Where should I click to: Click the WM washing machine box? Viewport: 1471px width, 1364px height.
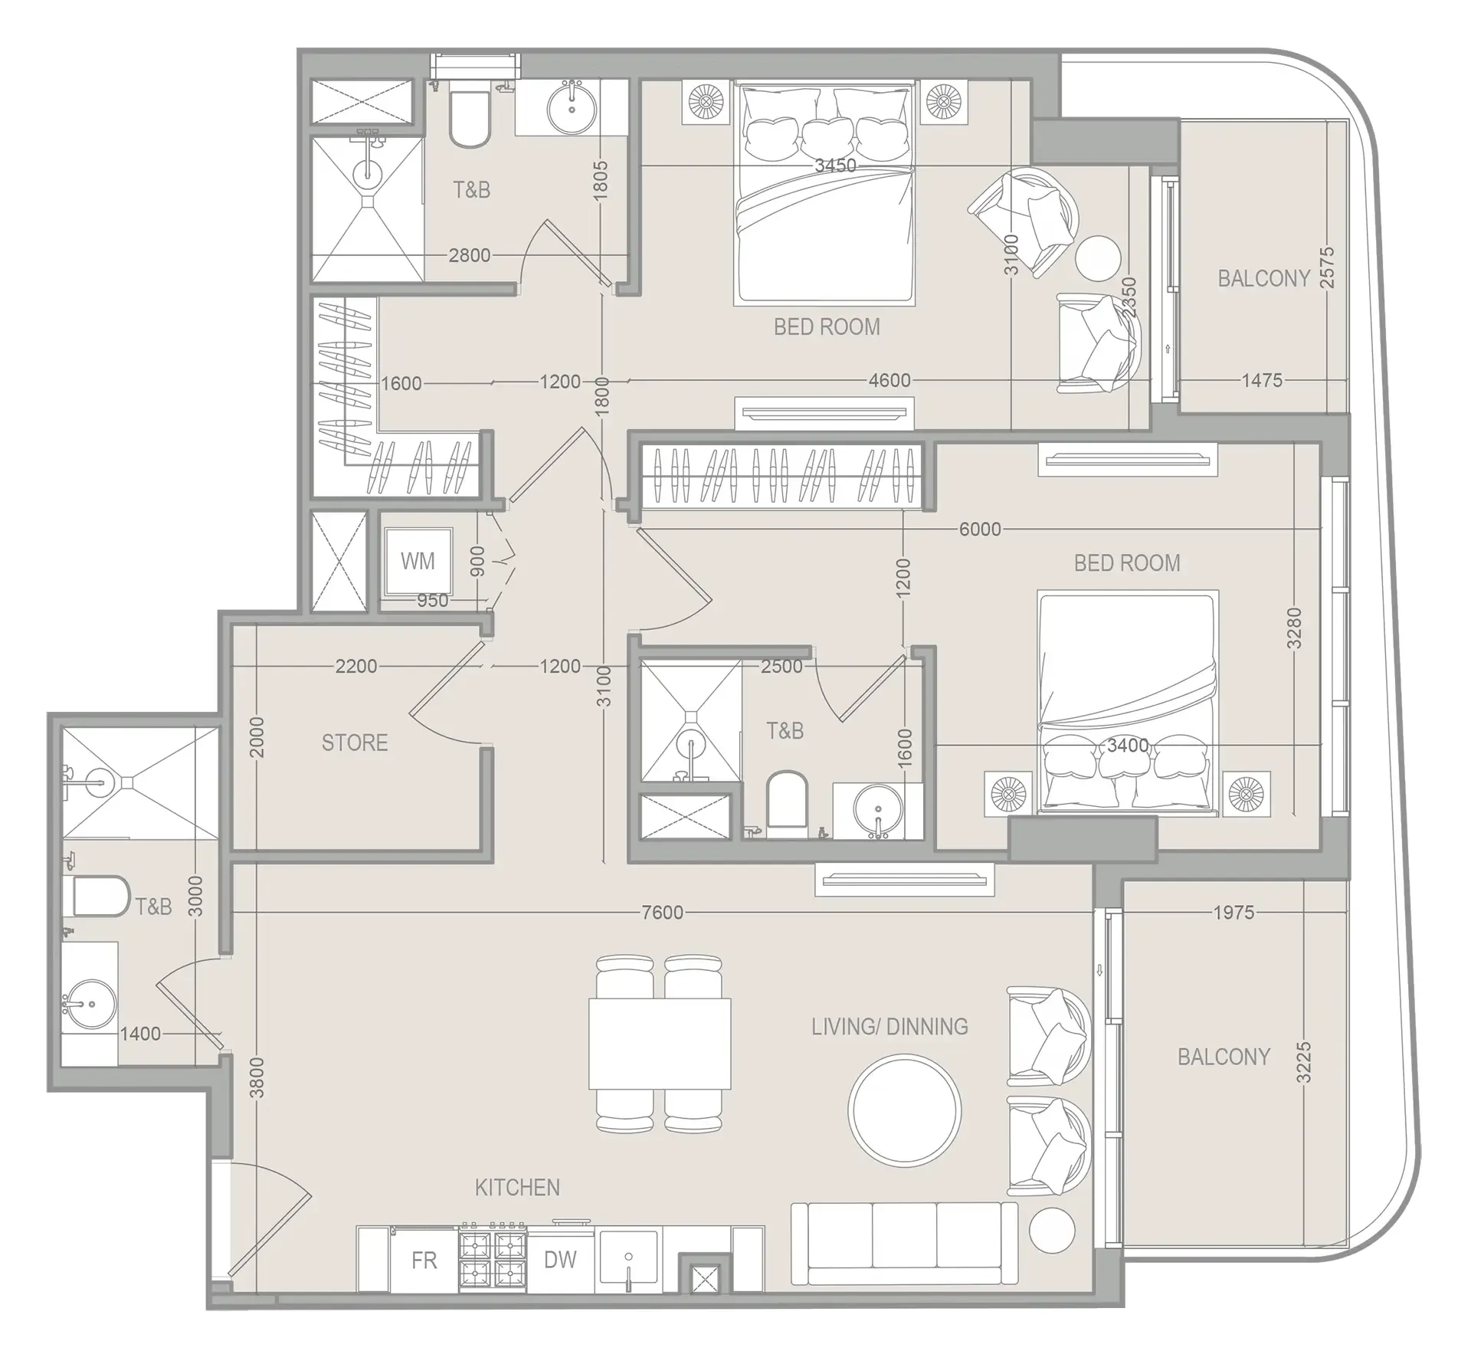point(417,561)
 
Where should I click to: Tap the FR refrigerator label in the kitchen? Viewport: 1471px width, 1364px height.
point(424,1261)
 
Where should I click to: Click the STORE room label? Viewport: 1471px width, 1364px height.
point(354,743)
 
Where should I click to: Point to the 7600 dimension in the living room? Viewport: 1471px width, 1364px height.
point(662,912)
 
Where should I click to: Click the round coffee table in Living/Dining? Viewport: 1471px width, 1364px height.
point(904,1109)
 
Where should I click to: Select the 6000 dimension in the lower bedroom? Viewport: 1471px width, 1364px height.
point(980,529)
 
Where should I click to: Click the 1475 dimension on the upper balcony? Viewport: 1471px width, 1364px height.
point(1261,380)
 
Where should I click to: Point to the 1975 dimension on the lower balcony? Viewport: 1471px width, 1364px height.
point(1233,912)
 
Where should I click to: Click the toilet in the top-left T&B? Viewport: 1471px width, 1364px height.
point(469,120)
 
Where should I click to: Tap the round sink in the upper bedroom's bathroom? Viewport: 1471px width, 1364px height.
point(572,107)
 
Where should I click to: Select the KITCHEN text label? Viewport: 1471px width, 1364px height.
point(517,1188)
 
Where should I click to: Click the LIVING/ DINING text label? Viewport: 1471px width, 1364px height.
point(889,1027)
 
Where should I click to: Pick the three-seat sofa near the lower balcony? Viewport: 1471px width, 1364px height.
point(904,1243)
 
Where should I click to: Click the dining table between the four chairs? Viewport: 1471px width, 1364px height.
point(660,1044)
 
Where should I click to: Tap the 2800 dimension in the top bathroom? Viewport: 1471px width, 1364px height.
point(469,254)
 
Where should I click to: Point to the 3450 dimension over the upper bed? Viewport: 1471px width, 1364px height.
point(835,166)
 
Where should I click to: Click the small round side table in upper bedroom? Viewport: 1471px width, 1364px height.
point(1097,258)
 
